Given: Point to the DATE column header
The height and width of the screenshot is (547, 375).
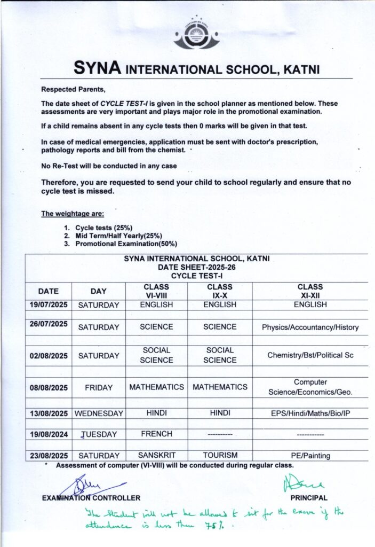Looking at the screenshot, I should pos(48,291).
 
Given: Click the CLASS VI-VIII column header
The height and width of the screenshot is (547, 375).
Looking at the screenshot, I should pos(156,291).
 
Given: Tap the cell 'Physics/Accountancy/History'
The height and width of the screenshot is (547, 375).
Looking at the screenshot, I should pos(310,327).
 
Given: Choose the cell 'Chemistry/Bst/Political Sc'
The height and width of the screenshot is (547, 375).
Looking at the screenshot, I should pos(310,355).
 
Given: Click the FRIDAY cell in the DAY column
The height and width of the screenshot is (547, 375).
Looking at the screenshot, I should pos(98,388).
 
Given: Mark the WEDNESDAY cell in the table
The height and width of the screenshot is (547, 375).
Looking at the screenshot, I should pos(99,413).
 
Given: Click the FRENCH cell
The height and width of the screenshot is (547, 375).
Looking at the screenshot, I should pos(156,434).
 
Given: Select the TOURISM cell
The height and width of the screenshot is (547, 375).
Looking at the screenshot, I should pos(220,456).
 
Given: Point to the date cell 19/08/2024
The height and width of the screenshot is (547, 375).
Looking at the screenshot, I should pos(48,434).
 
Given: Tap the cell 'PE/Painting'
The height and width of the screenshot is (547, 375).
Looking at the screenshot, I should pos(310,456).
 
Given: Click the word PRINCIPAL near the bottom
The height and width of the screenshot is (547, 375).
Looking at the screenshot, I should pos(309,498).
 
